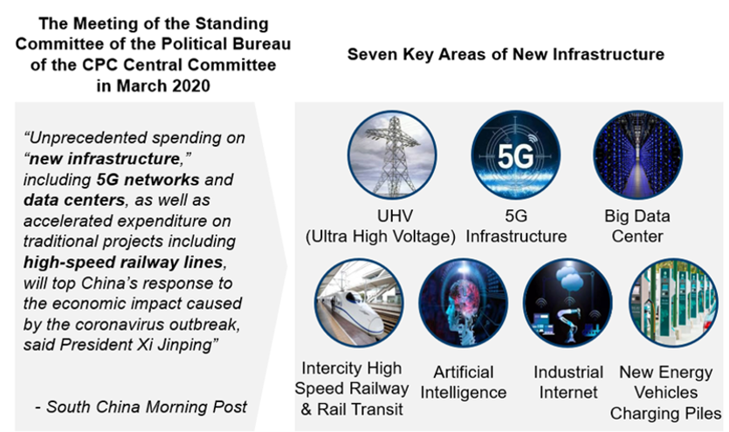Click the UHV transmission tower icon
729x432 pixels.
click(x=392, y=154)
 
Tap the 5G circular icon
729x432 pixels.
click(x=516, y=154)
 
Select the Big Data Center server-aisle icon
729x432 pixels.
click(x=637, y=154)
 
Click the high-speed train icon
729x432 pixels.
click(x=359, y=303)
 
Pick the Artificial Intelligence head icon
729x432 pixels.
click(x=463, y=303)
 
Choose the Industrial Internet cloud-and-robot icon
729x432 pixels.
click(x=567, y=303)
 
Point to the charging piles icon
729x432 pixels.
click(x=673, y=303)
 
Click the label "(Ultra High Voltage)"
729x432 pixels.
click(x=381, y=237)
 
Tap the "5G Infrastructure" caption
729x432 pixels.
click(x=516, y=226)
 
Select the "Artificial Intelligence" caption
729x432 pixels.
click(x=464, y=382)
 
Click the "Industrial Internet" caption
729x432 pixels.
click(x=568, y=382)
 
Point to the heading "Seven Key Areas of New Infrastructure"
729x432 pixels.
click(x=505, y=54)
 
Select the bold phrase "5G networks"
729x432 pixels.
click(x=148, y=180)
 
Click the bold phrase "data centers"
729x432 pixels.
click(x=74, y=200)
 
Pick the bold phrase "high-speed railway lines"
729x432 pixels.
click(x=123, y=263)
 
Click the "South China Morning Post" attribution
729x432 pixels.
click(x=147, y=407)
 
